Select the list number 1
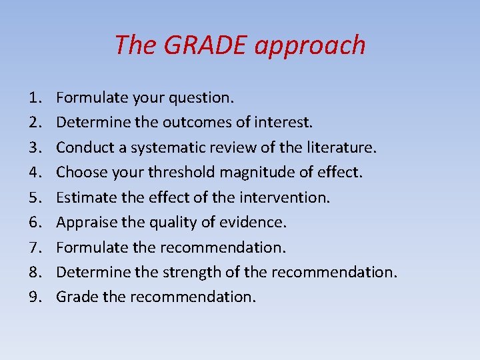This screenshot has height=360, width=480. tap(35, 98)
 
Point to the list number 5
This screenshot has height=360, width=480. tap(35, 198)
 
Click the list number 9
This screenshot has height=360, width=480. tap(35, 297)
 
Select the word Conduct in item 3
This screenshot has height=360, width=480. tap(81, 147)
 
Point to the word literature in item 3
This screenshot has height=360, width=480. tap(342, 147)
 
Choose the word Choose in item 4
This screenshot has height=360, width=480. tap(79, 173)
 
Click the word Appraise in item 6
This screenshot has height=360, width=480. tap(83, 223)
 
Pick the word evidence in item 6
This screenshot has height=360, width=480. tap(254, 223)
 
